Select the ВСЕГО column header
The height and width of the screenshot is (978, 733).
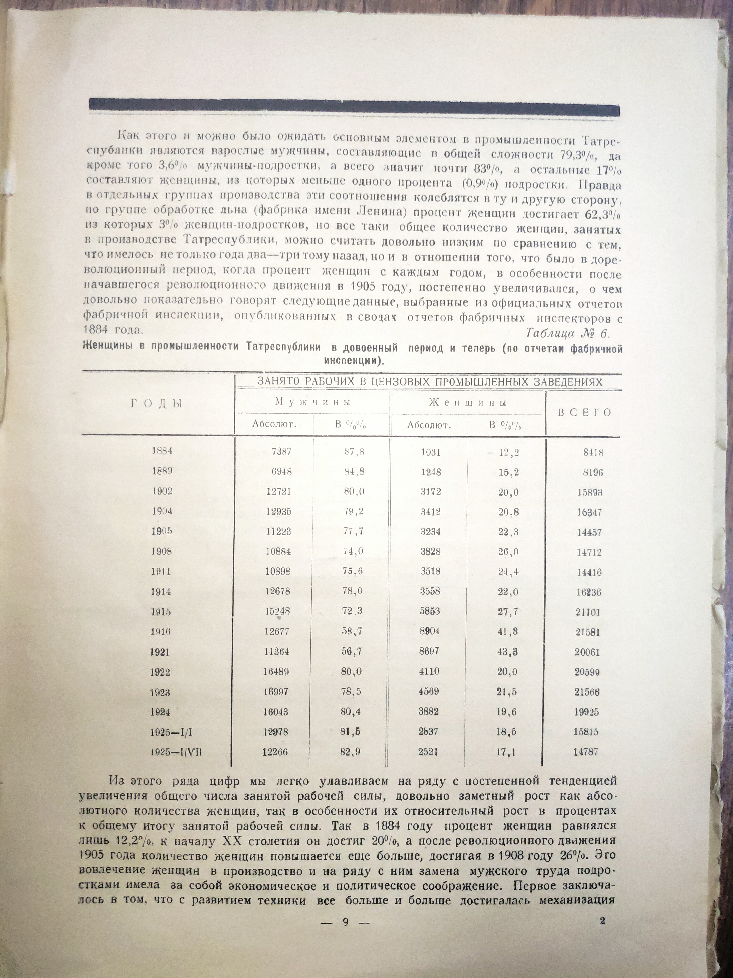click(x=584, y=413)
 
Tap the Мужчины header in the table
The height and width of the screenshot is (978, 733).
click(x=313, y=402)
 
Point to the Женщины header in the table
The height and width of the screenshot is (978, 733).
click(x=468, y=402)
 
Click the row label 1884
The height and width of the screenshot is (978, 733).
click(x=162, y=451)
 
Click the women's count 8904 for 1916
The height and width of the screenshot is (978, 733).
click(x=430, y=631)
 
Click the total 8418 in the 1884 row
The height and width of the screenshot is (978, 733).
click(x=593, y=452)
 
